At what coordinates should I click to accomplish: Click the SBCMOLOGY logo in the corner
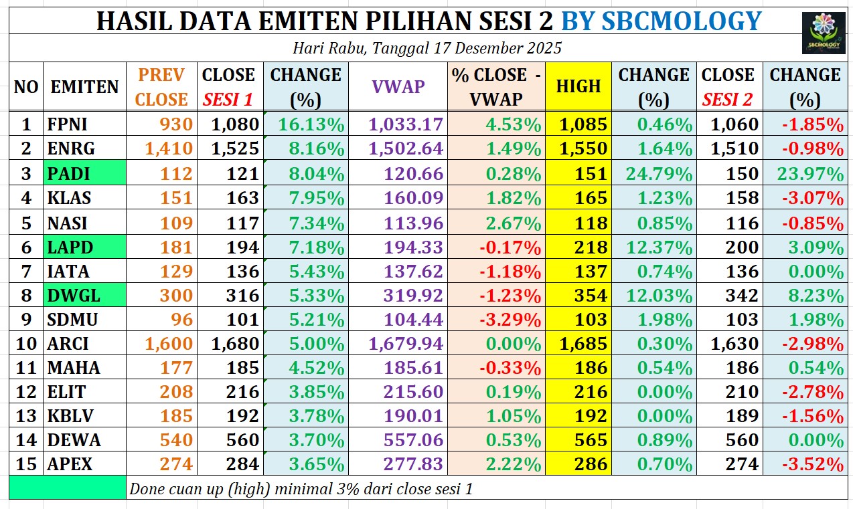point(823,33)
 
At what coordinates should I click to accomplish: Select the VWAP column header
point(398,86)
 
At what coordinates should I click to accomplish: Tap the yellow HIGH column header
point(578,86)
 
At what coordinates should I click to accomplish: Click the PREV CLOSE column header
point(163,86)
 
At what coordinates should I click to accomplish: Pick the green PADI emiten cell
point(84,174)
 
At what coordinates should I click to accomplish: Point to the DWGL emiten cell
point(84,295)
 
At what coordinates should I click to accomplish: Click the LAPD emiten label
point(84,247)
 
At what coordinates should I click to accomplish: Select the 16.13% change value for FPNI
point(307,124)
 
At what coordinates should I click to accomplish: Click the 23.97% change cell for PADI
point(809,174)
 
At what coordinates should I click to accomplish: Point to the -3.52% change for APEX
point(809,464)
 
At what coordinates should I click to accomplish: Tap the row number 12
point(26,392)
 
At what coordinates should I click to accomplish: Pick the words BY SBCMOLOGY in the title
point(661,21)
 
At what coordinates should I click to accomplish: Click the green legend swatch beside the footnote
point(68,488)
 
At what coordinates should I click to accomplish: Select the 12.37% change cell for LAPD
point(653,247)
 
